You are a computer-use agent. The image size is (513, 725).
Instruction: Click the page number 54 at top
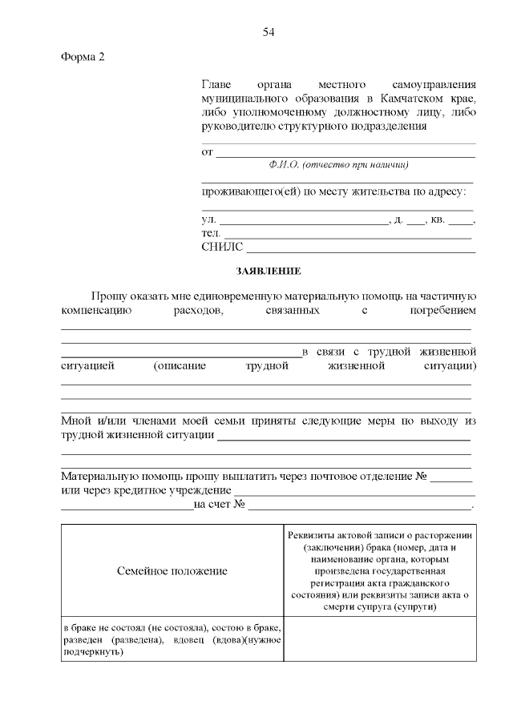tap(269, 32)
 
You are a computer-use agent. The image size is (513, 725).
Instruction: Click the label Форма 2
tap(83, 57)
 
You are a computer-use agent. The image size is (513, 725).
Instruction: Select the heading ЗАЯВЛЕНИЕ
tap(269, 272)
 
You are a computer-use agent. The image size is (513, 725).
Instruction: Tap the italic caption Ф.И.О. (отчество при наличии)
tap(339, 164)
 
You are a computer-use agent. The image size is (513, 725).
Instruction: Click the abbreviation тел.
tap(211, 233)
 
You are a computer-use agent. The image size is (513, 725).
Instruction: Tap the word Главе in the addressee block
tap(216, 83)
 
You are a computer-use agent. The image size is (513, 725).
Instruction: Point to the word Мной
tap(76, 421)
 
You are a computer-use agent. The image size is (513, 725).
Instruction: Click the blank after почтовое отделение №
tap(456, 477)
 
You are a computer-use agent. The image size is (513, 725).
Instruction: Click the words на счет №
tap(218, 505)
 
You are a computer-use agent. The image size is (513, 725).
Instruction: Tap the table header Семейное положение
tap(172, 571)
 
